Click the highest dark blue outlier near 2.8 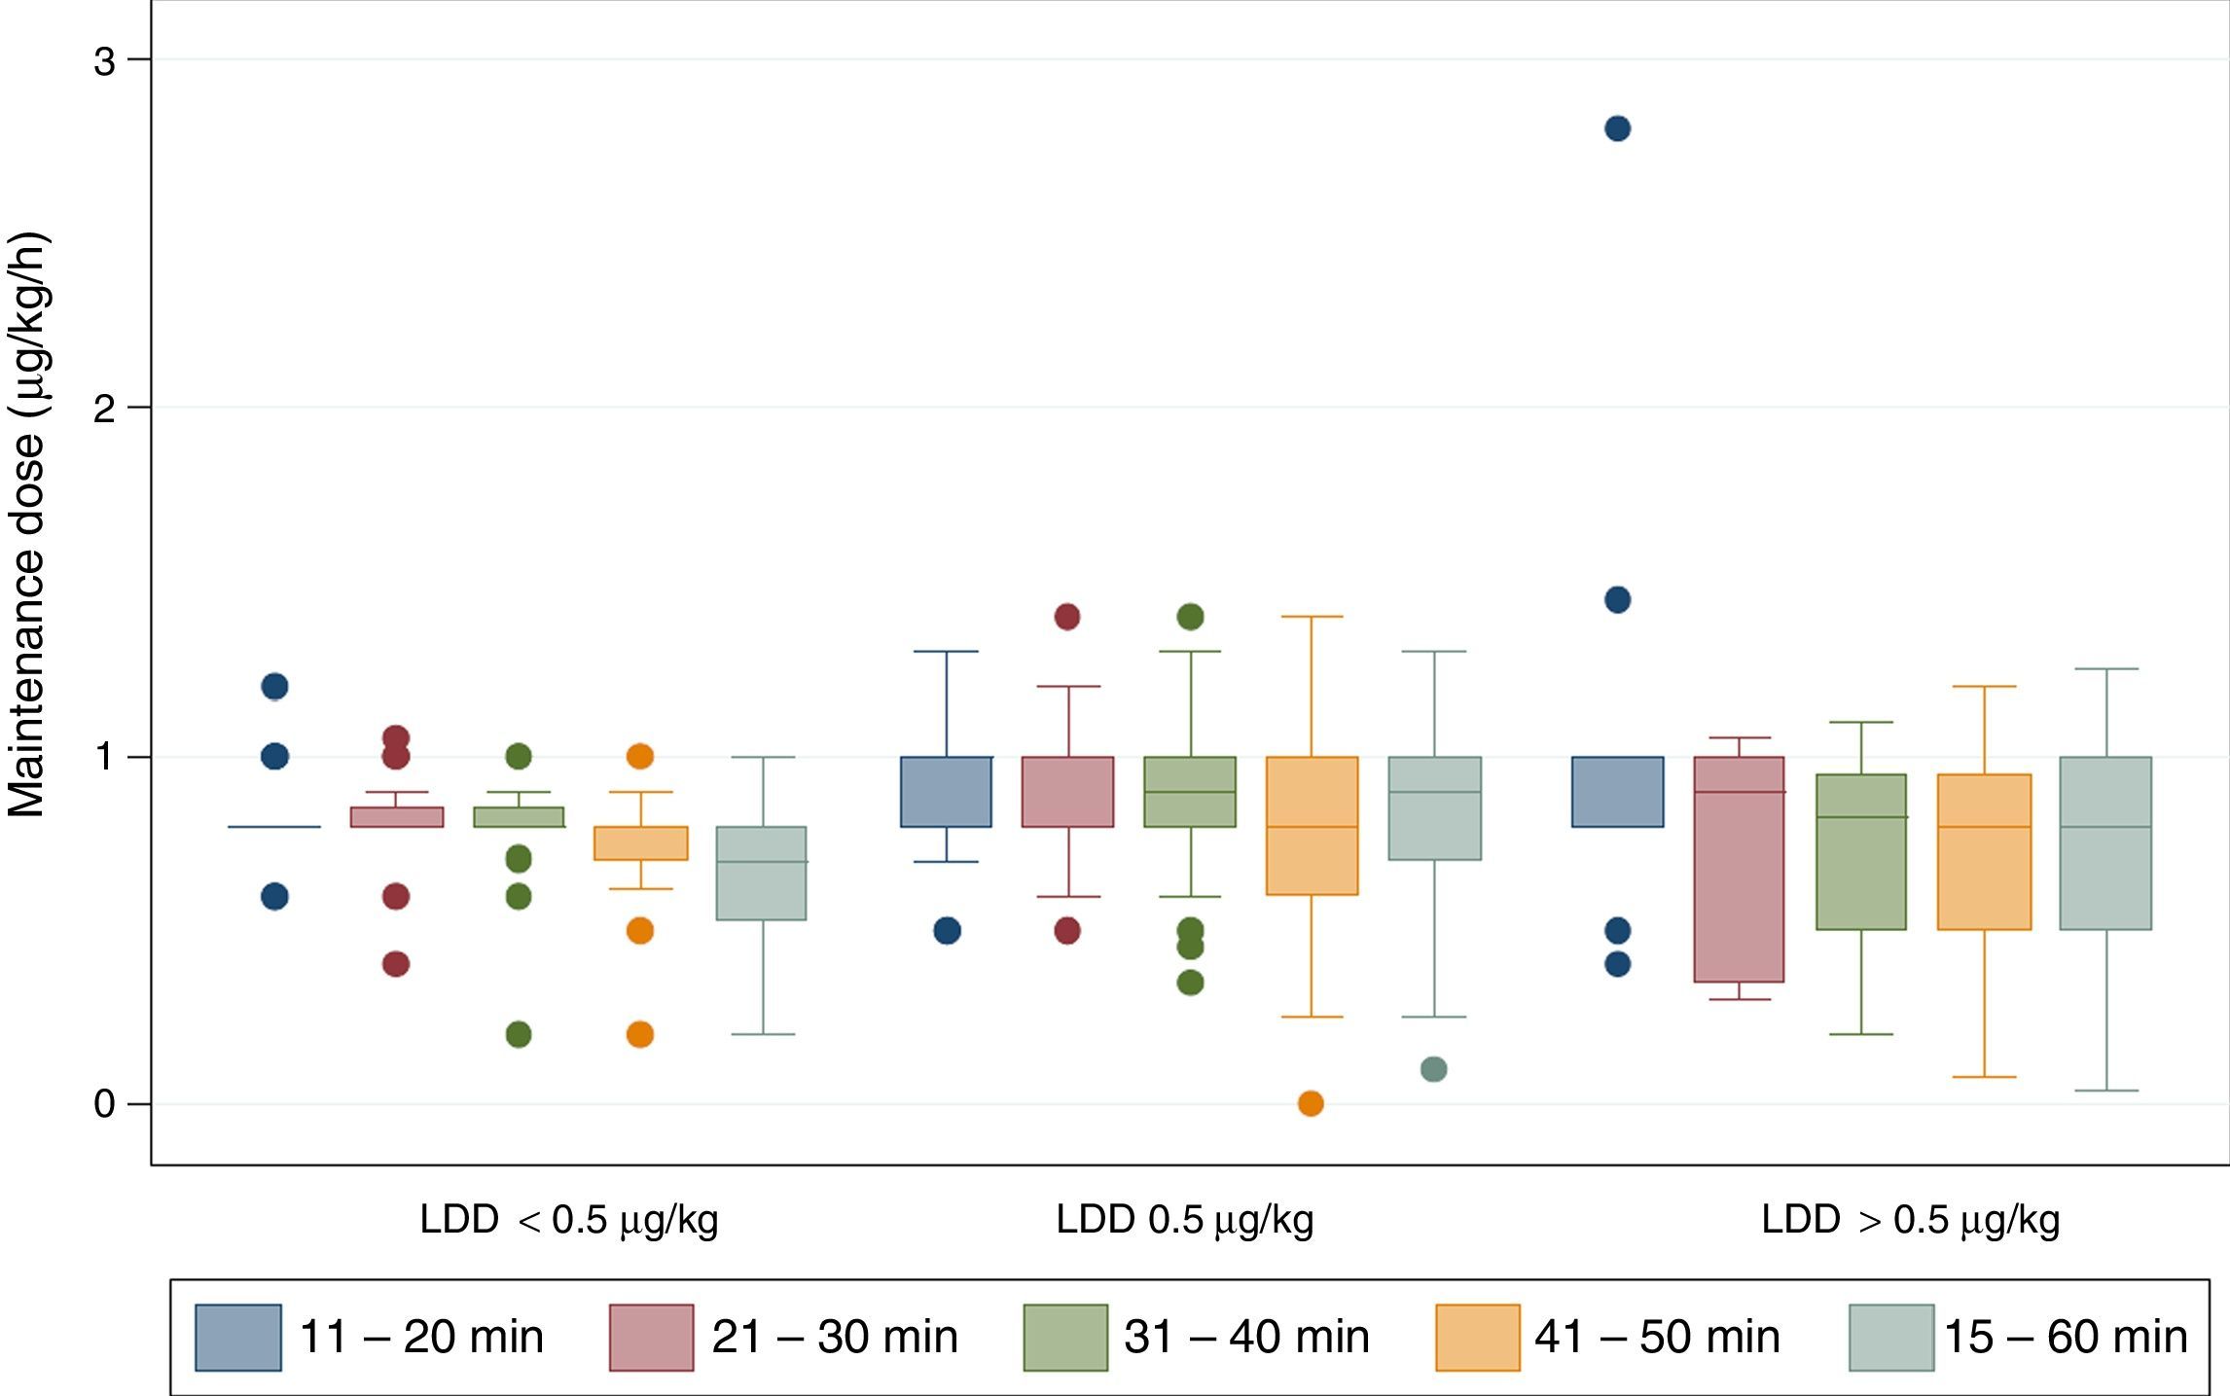click(x=1617, y=128)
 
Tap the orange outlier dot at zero click(x=1311, y=1104)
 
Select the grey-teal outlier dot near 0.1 click(x=1433, y=1069)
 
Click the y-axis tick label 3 click(x=104, y=61)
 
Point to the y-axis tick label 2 click(x=104, y=409)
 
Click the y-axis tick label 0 click(x=104, y=1104)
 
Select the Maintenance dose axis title click(x=27, y=525)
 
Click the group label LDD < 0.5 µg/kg click(x=569, y=1220)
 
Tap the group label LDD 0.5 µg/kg click(x=1185, y=1220)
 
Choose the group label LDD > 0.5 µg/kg click(x=1910, y=1220)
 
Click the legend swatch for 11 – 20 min click(x=238, y=1338)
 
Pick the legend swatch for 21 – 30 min click(x=652, y=1338)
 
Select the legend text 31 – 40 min click(x=1246, y=1338)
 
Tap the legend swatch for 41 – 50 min click(x=1477, y=1338)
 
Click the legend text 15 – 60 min click(x=2066, y=1338)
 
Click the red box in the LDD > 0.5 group click(x=1739, y=869)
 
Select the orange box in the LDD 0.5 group click(x=1312, y=825)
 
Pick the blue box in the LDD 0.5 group click(x=946, y=791)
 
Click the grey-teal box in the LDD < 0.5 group click(x=761, y=873)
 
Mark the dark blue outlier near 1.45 click(x=1617, y=599)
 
